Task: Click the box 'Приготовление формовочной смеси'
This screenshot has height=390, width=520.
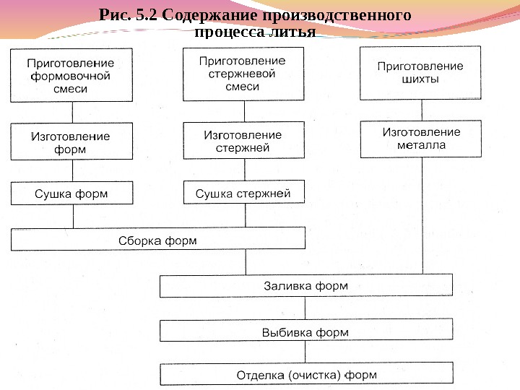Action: pos(71,75)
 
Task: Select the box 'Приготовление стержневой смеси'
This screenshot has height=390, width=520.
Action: pos(243,74)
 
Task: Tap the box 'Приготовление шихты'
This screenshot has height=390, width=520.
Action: pos(420,73)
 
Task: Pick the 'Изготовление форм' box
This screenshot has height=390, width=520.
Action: pos(71,142)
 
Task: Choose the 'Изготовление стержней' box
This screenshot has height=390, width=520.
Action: pos(243,141)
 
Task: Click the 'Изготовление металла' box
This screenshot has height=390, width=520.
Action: pos(420,138)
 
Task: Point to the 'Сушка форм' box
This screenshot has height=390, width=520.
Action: pos(71,194)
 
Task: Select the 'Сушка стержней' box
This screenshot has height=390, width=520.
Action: pos(243,193)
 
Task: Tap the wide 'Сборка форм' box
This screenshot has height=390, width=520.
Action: pos(157,239)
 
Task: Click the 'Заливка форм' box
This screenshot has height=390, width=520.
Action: pos(305,286)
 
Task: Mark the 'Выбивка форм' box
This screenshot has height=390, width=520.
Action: pos(305,331)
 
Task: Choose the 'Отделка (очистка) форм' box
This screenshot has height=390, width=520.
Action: pos(305,375)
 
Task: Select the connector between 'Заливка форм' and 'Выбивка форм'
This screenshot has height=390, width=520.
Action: pos(305,308)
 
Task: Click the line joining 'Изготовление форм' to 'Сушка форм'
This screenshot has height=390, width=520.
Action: pos(72,171)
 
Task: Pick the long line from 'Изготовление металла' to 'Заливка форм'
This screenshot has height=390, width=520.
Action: pos(421,217)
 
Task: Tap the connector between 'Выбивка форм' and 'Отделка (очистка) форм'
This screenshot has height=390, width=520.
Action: pos(305,352)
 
